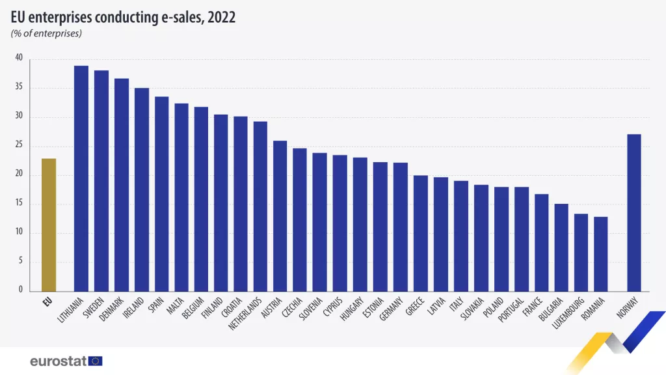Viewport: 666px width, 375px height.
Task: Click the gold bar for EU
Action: pyautogui.click(x=49, y=225)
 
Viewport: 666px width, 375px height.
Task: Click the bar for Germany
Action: pyautogui.click(x=401, y=226)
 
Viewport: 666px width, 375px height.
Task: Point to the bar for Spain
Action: pyautogui.click(x=161, y=193)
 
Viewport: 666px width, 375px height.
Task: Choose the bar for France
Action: pyautogui.click(x=542, y=242)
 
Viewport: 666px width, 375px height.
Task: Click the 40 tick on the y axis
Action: pyautogui.click(x=19, y=59)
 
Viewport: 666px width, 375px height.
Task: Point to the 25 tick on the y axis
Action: pyautogui.click(x=19, y=146)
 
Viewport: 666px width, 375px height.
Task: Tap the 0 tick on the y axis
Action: pyautogui.click(x=21, y=290)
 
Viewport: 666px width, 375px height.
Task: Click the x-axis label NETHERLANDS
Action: pyautogui.click(x=246, y=314)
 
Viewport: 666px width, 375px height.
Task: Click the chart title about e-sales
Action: pyautogui.click(x=123, y=18)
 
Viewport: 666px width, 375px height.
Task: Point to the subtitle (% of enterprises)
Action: pyautogui.click(x=46, y=33)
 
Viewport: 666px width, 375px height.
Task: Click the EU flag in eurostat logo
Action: pyautogui.click(x=96, y=361)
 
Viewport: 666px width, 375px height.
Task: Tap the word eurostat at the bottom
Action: pyautogui.click(x=59, y=361)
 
